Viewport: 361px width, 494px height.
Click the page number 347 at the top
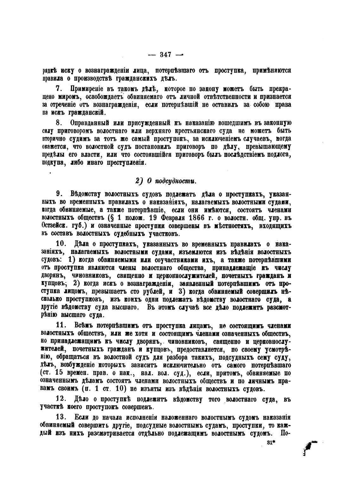pyautogui.click(x=166, y=54)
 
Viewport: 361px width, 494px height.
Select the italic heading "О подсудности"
pyautogui.click(x=168, y=181)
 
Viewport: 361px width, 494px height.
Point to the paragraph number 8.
pyautogui.click(x=62, y=123)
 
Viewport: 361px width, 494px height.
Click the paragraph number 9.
pyautogui.click(x=62, y=194)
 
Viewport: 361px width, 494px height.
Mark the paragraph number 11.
pyautogui.click(x=60, y=326)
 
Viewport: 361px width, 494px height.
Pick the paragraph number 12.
pyautogui.click(x=60, y=399)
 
